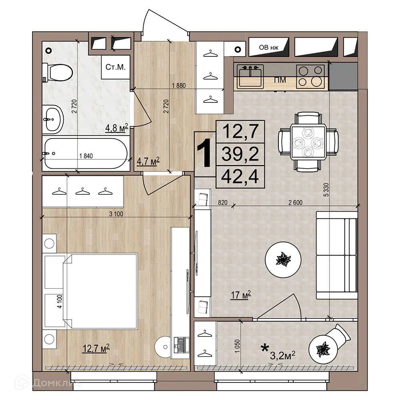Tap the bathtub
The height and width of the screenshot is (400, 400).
point(86,153)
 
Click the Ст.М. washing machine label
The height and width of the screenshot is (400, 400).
point(116,67)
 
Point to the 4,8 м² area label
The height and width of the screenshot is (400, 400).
point(116,128)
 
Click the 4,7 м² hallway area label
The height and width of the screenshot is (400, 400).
point(148,161)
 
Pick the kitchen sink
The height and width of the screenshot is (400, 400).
point(250,76)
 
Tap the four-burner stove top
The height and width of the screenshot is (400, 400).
point(310,76)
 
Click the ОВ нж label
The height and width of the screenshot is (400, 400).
point(269,48)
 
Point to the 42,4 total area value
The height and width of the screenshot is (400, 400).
point(240,176)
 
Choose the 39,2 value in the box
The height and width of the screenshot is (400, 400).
point(240,154)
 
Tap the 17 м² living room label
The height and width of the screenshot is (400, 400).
point(241,295)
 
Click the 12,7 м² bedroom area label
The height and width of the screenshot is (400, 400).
point(96,348)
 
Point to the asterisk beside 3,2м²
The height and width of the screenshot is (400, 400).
point(265,348)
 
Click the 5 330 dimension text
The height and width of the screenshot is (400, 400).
point(326,190)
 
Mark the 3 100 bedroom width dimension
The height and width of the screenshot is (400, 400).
point(116,214)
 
